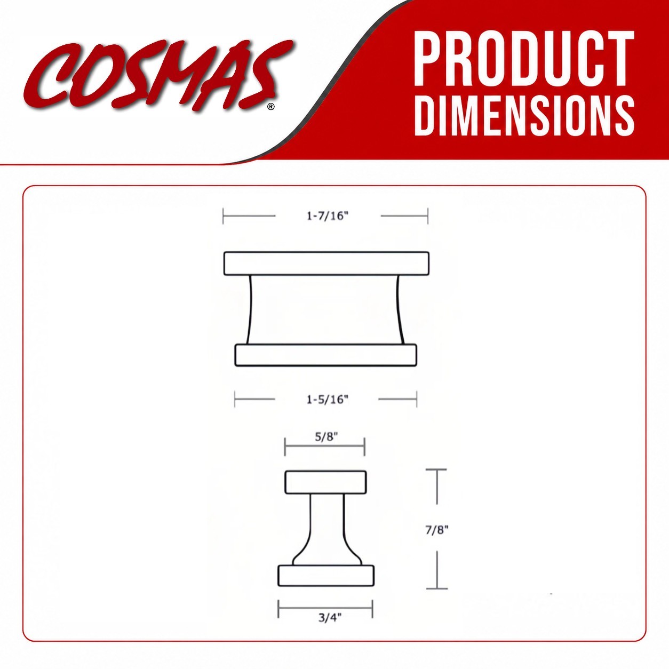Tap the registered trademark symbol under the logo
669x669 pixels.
click(271, 106)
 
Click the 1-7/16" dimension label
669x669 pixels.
click(328, 216)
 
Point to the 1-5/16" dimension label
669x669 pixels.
click(328, 400)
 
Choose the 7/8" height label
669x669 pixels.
click(437, 530)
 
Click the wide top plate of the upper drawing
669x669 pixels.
click(326, 264)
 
